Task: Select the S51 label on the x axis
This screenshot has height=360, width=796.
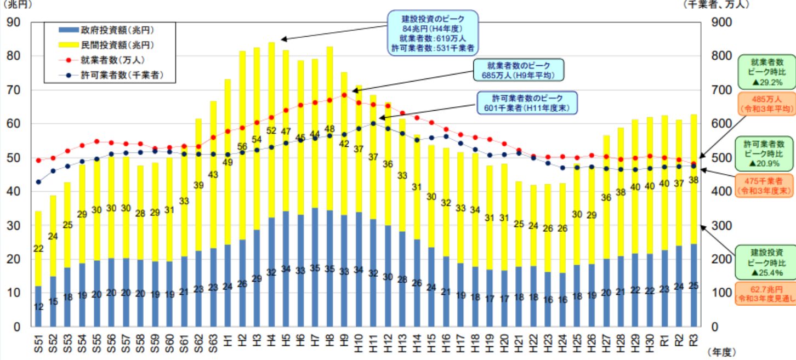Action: [38, 342]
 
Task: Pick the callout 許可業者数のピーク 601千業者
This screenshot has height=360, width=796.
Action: [527, 102]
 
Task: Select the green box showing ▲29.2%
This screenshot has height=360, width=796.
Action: [765, 72]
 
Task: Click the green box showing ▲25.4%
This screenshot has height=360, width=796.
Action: [765, 262]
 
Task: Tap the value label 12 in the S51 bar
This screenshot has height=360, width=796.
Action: [38, 307]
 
